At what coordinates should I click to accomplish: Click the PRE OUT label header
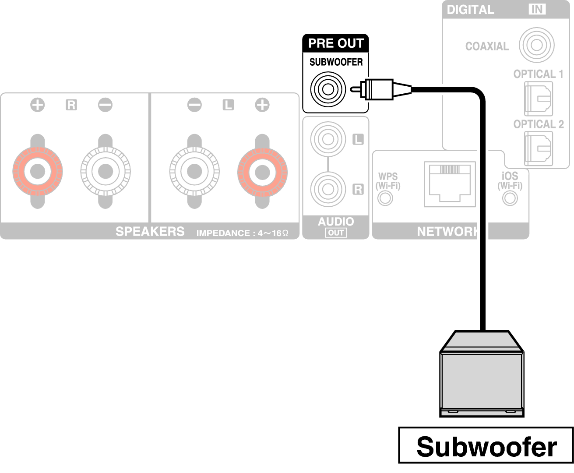pos(335,43)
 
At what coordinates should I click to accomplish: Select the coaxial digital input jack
pos(536,45)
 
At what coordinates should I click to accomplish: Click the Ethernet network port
pos(450,184)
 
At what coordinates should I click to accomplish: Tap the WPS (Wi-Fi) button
pos(385,198)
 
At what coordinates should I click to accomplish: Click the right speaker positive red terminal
pos(38,171)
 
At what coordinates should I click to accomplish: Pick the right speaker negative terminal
pos(106,171)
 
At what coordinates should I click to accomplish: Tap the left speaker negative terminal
pos(194,171)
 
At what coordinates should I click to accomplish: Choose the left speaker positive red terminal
pos(262,171)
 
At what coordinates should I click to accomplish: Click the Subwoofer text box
pos(486,446)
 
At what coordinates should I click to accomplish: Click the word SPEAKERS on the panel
pos(150,231)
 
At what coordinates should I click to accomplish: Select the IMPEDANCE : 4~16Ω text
pos(242,233)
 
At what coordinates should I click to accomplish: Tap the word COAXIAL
pos(486,46)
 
